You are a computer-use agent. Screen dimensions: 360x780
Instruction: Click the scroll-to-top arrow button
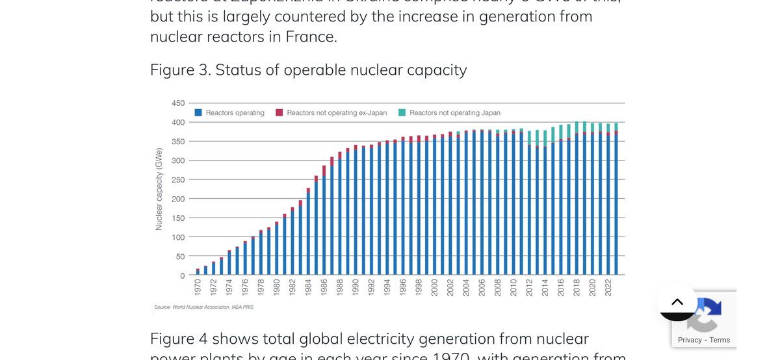pos(677,302)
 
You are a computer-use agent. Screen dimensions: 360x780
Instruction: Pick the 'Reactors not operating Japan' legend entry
pos(450,112)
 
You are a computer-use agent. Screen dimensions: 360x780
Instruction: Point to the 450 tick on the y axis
pos(178,103)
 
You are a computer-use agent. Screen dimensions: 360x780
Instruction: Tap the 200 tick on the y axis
pos(178,199)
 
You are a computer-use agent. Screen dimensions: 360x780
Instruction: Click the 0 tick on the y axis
pos(182,276)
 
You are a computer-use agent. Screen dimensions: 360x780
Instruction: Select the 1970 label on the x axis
pos(198,288)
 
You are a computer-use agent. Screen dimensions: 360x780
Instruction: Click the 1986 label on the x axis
pos(324,288)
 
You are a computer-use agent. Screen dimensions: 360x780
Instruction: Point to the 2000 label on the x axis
pos(434,288)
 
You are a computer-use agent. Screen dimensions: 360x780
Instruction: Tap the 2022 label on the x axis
pos(608,288)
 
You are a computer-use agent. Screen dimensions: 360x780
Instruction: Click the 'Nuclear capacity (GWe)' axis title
pos(159,189)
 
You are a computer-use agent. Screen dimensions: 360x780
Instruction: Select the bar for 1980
pos(276,249)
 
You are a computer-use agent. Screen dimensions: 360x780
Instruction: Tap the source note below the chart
pos(203,307)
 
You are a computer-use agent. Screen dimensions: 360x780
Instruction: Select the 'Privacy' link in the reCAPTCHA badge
pos(690,340)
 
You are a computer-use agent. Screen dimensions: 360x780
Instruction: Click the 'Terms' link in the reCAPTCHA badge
pos(720,340)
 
